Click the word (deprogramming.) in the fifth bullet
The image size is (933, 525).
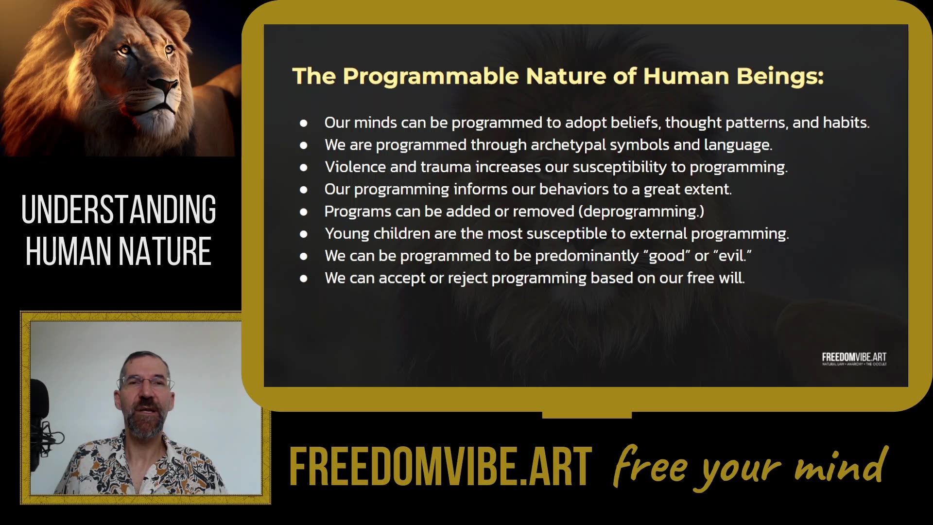[x=641, y=211]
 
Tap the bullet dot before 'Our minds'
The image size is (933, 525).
[x=304, y=123]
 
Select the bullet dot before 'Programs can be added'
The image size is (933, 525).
[x=304, y=212]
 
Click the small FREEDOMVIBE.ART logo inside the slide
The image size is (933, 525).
[x=854, y=359]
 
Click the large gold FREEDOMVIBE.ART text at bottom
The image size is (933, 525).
[x=440, y=467]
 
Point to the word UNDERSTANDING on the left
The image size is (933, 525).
[x=119, y=210]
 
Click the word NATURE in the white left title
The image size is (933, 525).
[x=165, y=251]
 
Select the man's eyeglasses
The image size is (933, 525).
[x=145, y=382]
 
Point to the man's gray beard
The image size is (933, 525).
[x=144, y=423]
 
